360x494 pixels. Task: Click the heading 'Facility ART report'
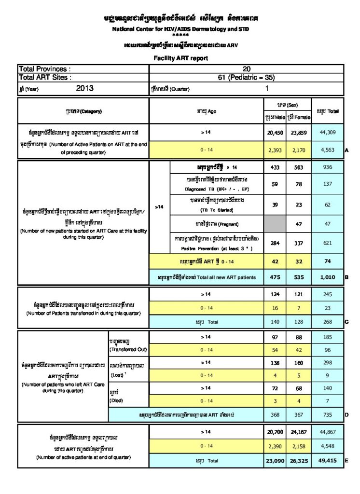pyautogui.click(x=180, y=58)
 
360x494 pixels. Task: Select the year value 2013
pyautogui.click(x=85, y=89)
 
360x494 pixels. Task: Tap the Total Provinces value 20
pyautogui.click(x=247, y=69)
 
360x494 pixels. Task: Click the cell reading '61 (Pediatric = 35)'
pyautogui.click(x=247, y=77)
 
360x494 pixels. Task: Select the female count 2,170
pyautogui.click(x=299, y=150)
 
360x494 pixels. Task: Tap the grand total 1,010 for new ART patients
pyautogui.click(x=328, y=277)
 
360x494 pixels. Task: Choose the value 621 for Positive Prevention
pyautogui.click(x=328, y=243)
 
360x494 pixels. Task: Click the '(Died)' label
pyautogui.click(x=117, y=400)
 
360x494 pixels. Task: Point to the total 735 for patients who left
pyautogui.click(x=328, y=414)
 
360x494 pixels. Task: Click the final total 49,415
pyautogui.click(x=328, y=461)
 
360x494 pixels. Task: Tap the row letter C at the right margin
pyautogui.click(x=346, y=321)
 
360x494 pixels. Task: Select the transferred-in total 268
pyautogui.click(x=328, y=320)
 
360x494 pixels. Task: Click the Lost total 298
pyautogui.click(x=328, y=362)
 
